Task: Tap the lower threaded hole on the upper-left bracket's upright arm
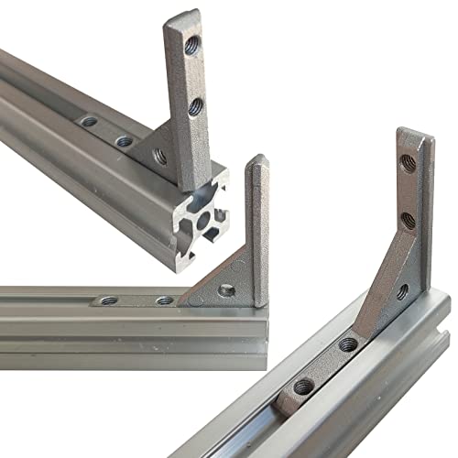coord(195,107)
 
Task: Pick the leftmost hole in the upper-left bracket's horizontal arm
coord(89,121)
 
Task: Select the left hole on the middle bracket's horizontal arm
coord(109,300)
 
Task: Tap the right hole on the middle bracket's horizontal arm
coord(164,300)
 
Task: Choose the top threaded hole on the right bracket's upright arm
coord(409,163)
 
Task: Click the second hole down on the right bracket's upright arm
coord(408,220)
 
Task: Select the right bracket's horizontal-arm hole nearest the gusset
coord(348,344)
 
